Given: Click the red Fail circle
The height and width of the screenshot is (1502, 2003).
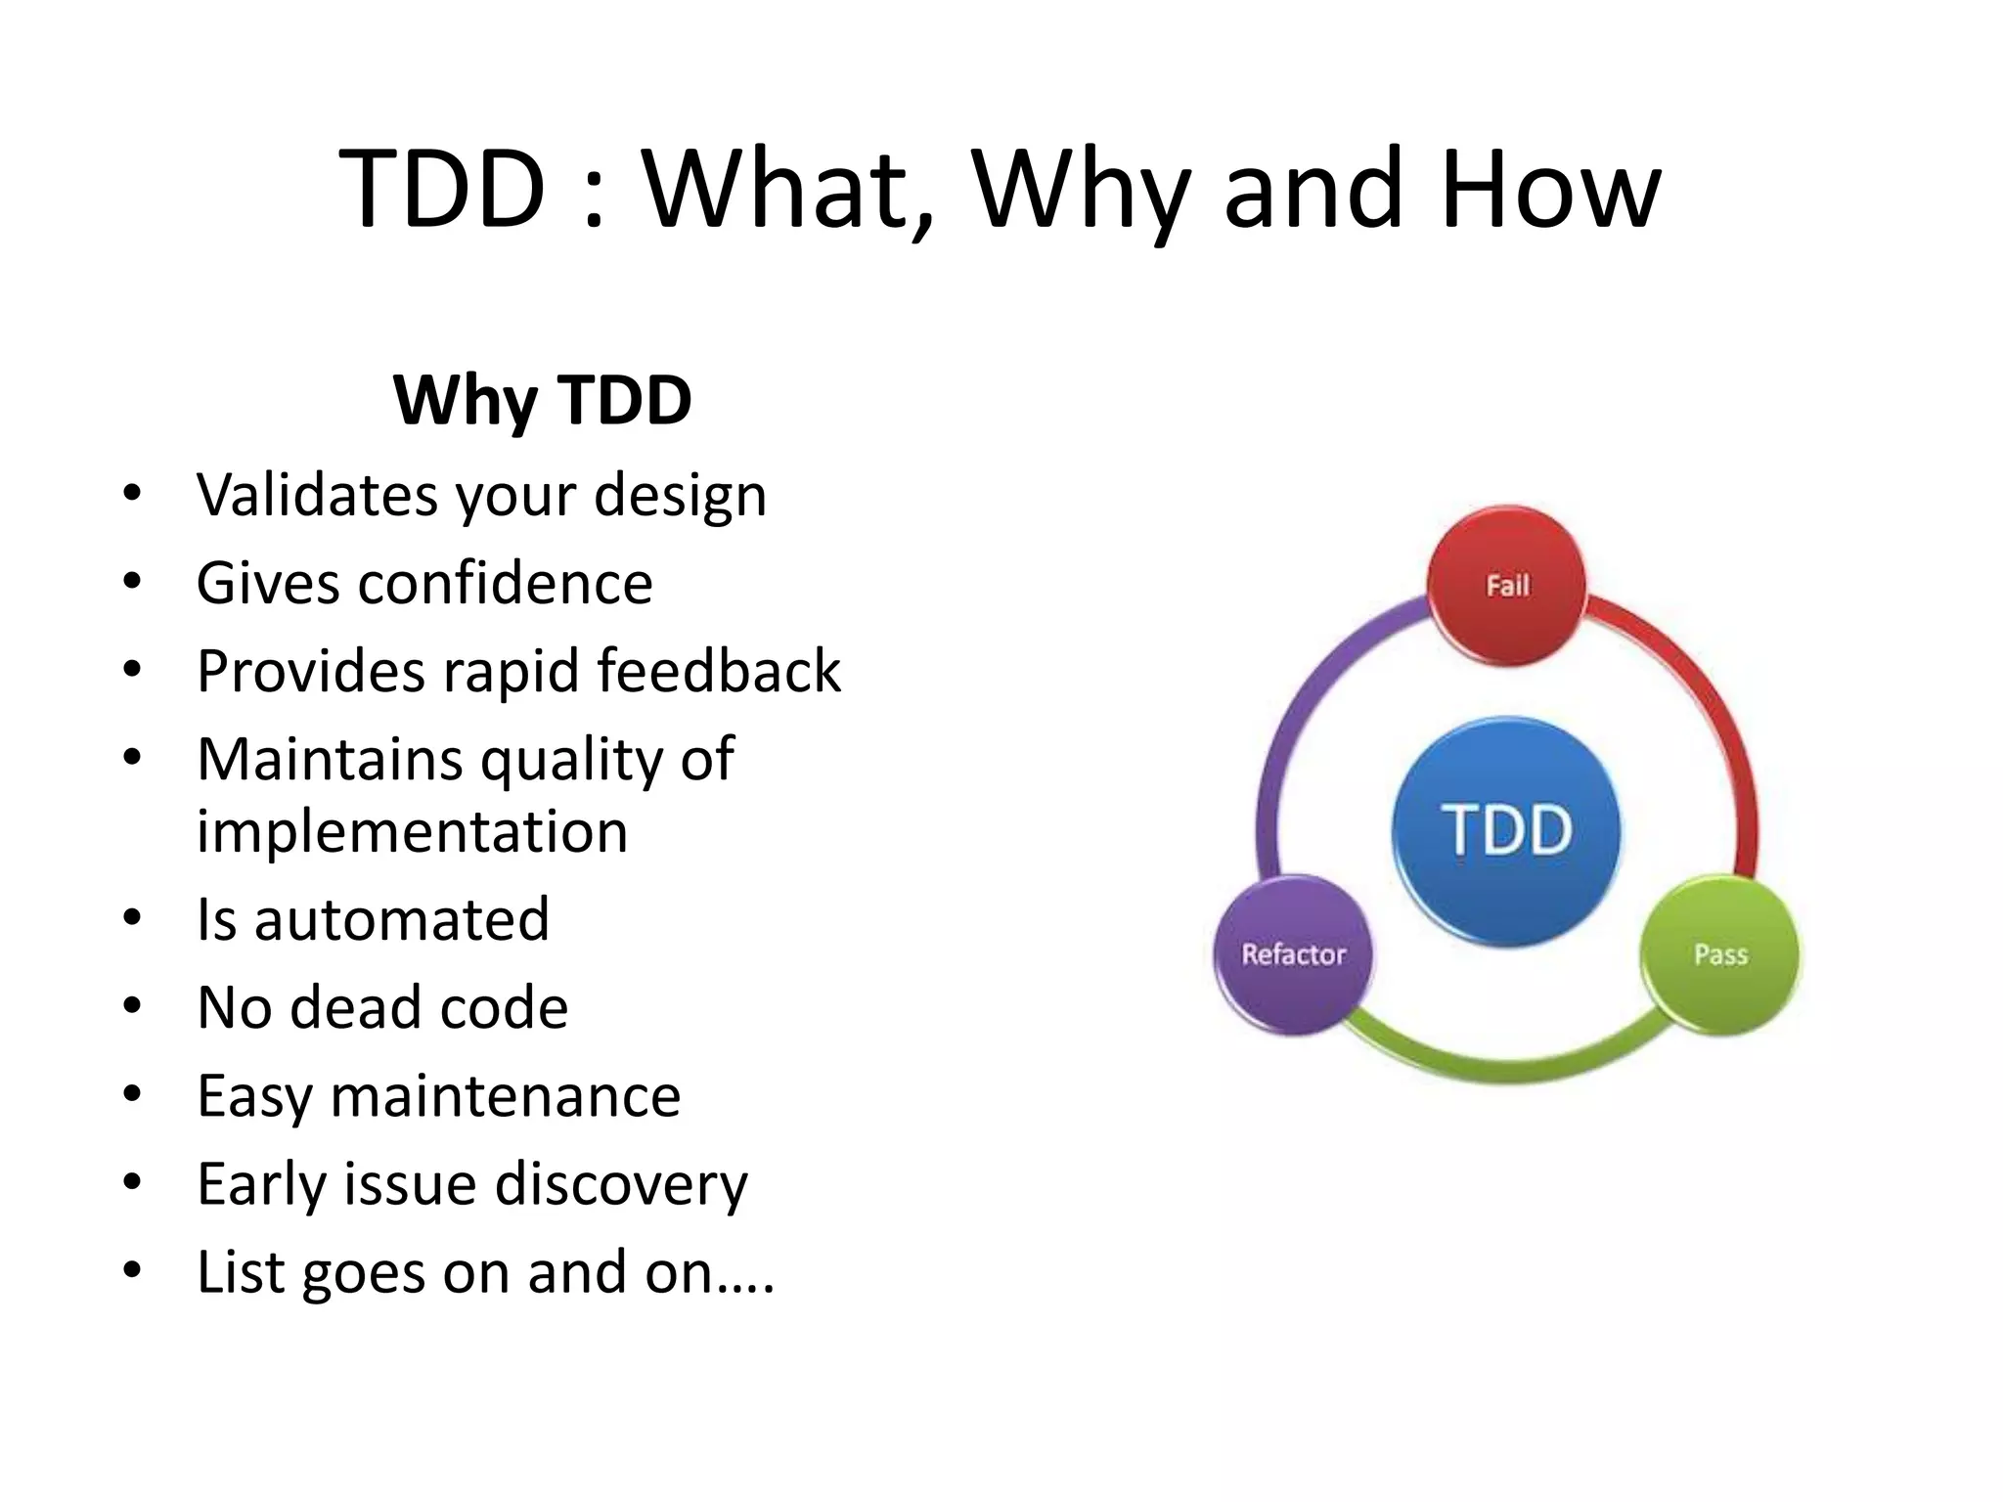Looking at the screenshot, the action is pos(1506,586).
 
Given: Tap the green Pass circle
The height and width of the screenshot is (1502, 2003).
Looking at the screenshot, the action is pos(1719,954).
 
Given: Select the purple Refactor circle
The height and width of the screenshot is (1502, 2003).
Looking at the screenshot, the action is pos(1293,954).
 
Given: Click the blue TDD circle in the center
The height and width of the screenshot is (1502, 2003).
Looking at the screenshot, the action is pos(1506,831).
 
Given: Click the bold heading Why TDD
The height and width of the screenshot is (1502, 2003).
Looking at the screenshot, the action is pos(542,400).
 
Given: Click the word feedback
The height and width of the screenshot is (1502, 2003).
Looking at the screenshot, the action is pos(719,671).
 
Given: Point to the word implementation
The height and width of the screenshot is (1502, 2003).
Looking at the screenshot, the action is pos(412,832).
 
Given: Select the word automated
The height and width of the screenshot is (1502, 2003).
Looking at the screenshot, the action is pos(402,920).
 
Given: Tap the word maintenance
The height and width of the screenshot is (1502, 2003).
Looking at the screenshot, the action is pos(505,1096).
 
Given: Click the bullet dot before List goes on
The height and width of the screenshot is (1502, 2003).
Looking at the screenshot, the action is pos(133,1270).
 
